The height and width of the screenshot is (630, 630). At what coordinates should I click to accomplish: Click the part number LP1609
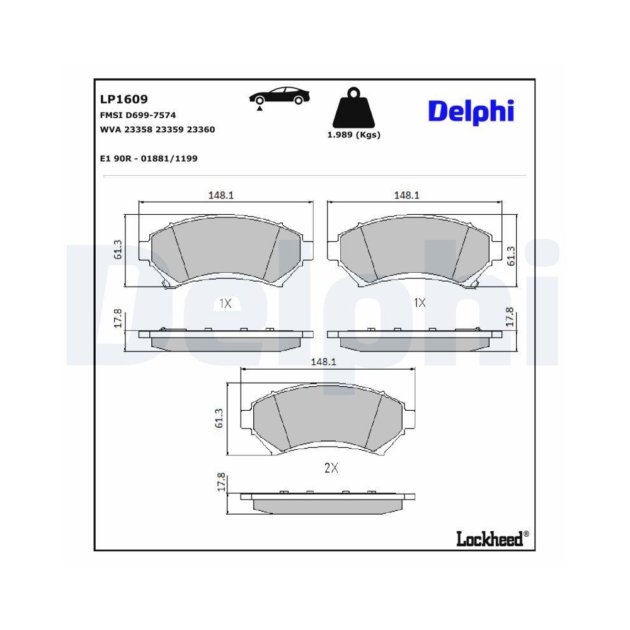(x=123, y=99)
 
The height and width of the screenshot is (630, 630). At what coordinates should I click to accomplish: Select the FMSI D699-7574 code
(x=137, y=115)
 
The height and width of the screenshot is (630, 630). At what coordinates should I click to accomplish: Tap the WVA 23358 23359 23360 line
(x=157, y=129)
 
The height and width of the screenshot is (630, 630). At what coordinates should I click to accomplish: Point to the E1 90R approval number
(x=149, y=158)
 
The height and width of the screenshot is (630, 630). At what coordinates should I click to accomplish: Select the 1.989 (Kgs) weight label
(x=353, y=135)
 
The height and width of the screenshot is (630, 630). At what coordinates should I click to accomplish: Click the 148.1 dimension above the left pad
(x=221, y=195)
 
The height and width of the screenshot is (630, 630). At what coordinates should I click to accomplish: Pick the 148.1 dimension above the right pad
(x=407, y=195)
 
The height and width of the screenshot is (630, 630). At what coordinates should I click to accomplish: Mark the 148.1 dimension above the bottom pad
(x=323, y=362)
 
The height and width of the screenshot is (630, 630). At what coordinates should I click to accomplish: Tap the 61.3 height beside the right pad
(x=512, y=255)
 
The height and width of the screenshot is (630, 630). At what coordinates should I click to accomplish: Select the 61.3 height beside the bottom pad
(x=219, y=418)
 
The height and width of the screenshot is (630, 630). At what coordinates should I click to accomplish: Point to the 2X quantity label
(x=331, y=468)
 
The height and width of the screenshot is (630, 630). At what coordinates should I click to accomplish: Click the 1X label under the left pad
(x=226, y=303)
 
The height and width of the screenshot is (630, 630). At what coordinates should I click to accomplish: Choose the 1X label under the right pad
(x=420, y=303)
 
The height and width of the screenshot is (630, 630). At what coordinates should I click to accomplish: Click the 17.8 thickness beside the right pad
(x=511, y=317)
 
